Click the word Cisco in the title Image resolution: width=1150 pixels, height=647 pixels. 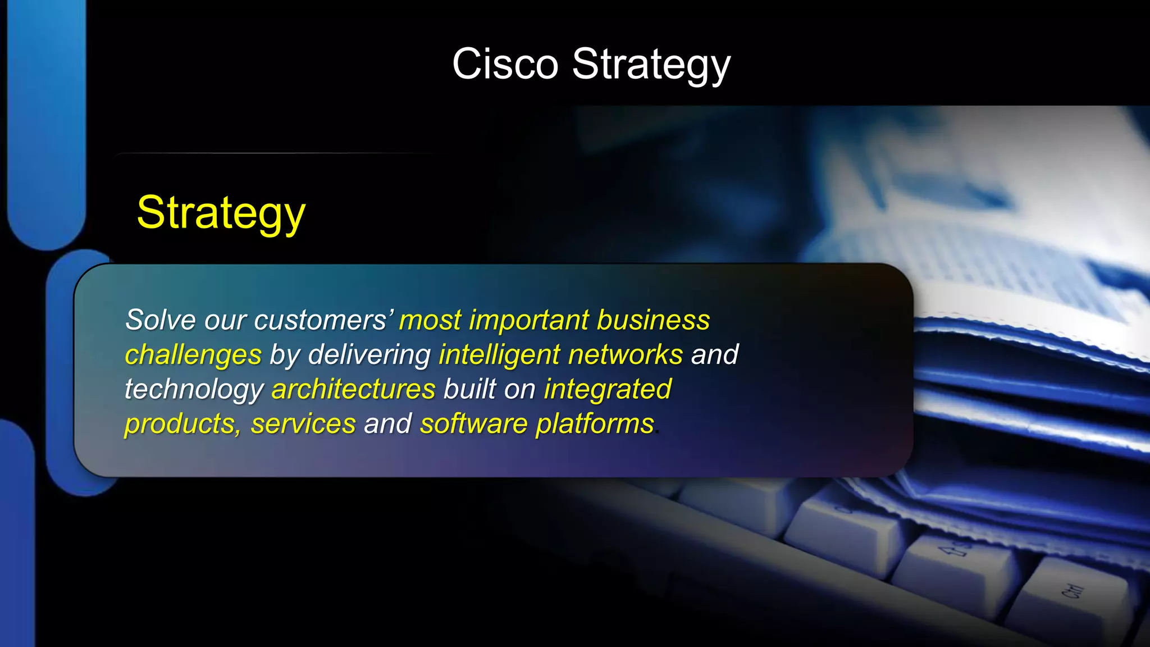(x=505, y=64)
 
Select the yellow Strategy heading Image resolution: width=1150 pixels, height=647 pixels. (x=221, y=213)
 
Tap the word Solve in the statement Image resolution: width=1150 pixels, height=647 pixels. (x=161, y=320)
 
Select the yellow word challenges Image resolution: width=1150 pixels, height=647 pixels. (x=193, y=356)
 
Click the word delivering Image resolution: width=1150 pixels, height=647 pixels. (x=369, y=355)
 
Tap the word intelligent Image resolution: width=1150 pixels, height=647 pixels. (x=499, y=355)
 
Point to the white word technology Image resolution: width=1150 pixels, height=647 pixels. (x=194, y=390)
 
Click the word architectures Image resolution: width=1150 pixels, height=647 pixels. (x=353, y=389)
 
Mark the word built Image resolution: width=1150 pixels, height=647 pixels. (x=469, y=389)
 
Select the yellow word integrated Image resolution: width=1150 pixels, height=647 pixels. (x=608, y=389)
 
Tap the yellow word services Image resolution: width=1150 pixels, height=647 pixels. (x=303, y=424)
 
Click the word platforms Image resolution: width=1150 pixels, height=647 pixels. (x=595, y=424)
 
